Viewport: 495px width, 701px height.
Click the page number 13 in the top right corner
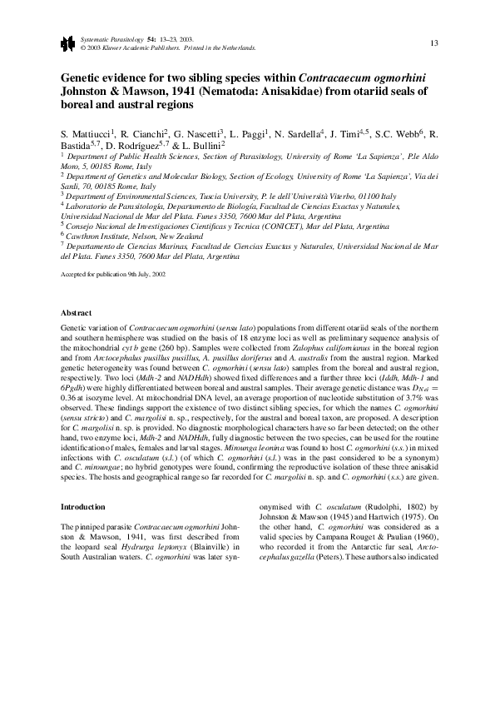434,43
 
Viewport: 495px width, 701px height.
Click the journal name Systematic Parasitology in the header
111,40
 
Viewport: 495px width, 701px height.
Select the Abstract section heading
77,312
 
